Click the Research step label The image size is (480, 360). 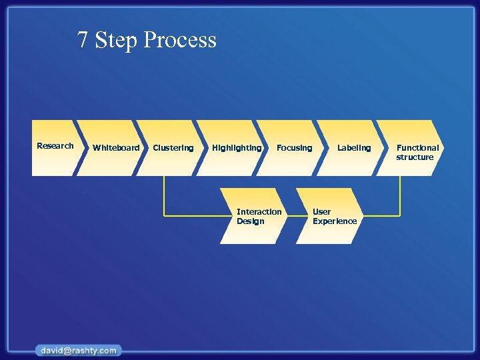tap(55, 146)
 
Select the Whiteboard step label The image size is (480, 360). tap(116, 148)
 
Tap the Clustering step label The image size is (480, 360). tap(173, 148)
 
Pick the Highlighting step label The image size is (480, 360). tap(237, 148)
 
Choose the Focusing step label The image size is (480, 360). tap(294, 148)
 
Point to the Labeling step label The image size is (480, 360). tap(353, 148)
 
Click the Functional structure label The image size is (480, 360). tap(417, 153)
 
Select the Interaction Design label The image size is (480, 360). tap(259, 217)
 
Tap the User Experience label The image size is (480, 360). tap(334, 217)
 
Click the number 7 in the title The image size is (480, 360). tap(83, 41)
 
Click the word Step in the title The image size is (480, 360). tap(116, 41)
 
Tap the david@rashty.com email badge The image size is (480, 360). tap(79, 350)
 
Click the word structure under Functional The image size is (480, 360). tap(415, 157)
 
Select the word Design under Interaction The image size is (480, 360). tap(250, 221)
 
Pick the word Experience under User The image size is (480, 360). tap(334, 221)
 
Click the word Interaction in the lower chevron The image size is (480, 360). tap(259, 212)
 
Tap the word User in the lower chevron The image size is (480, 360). tap(321, 212)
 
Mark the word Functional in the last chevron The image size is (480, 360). tap(417, 148)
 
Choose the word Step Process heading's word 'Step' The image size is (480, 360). tap(116, 41)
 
